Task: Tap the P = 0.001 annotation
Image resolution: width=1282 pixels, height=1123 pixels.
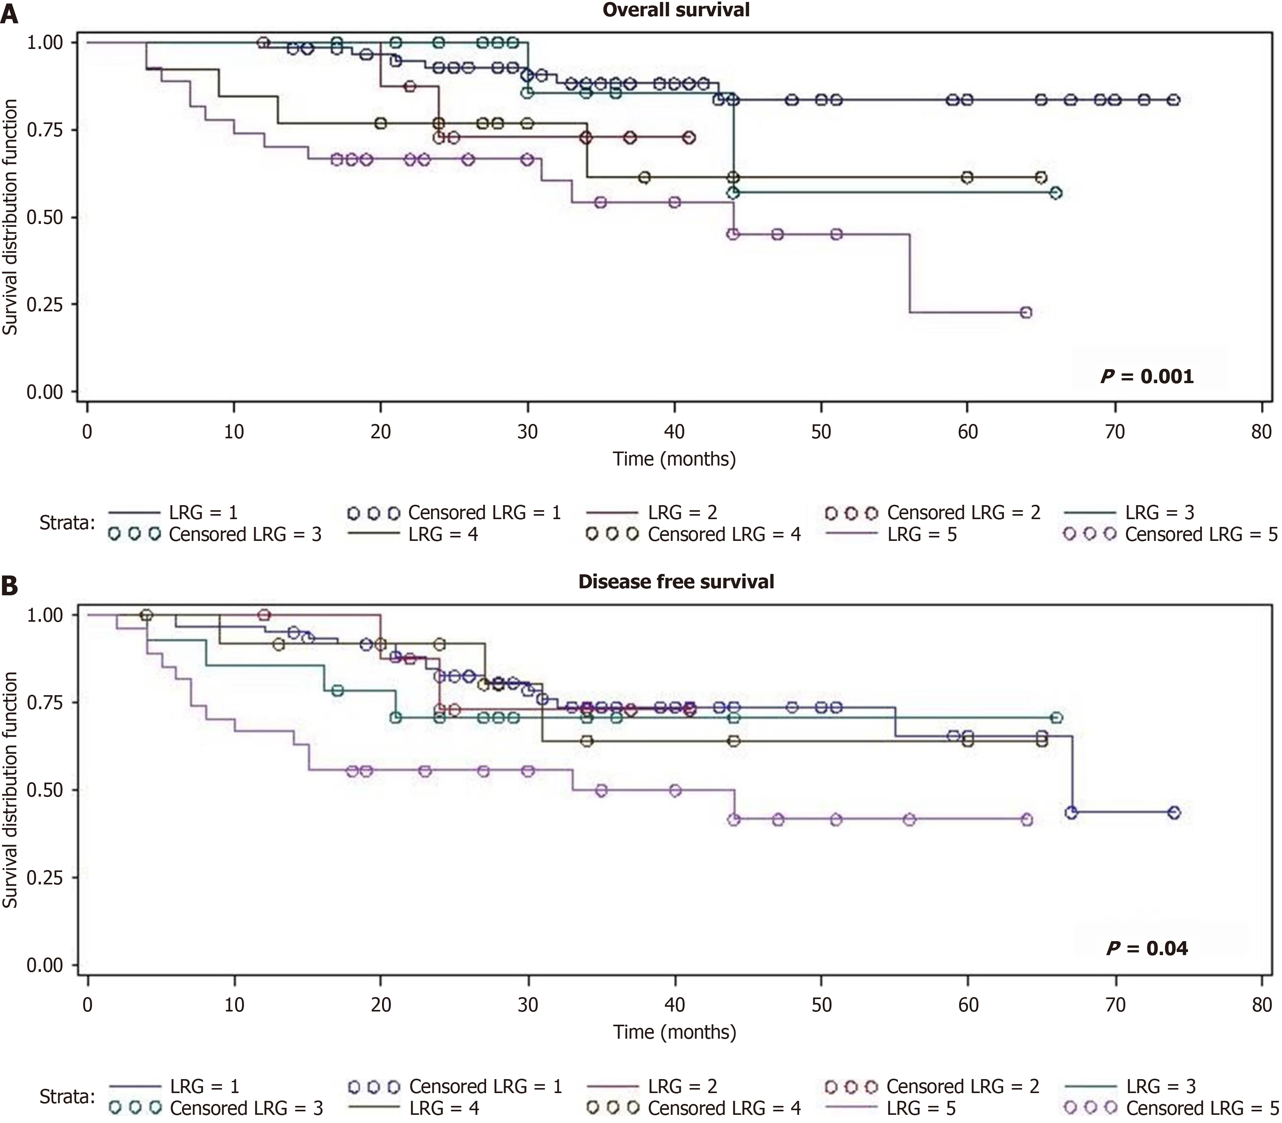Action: [x=1147, y=376]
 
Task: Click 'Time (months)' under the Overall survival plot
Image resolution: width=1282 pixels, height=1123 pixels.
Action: [x=674, y=459]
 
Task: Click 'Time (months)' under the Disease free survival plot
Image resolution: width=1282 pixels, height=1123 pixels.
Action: [x=674, y=1032]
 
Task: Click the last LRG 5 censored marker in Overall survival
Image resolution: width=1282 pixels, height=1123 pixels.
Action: [x=1026, y=312]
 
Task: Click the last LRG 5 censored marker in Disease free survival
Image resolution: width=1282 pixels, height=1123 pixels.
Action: [x=1026, y=819]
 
